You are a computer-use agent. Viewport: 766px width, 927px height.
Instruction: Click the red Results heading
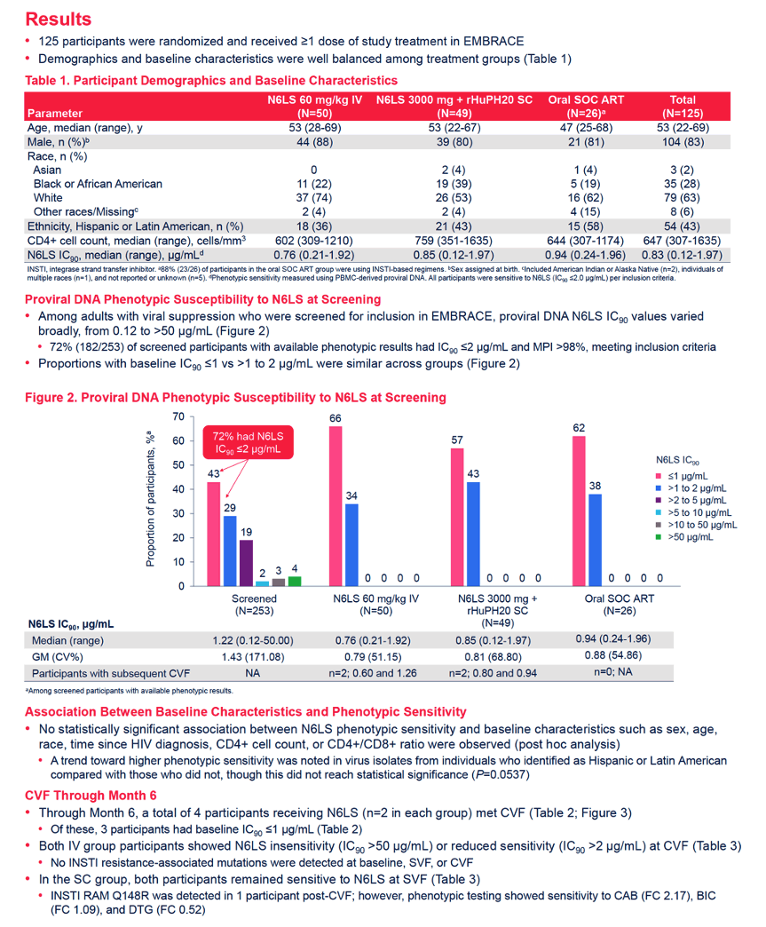58,19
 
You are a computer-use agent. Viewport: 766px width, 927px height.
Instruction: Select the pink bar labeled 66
336,506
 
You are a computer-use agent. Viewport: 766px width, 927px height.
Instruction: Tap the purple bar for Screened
246,563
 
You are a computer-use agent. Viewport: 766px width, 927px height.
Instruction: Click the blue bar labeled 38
596,540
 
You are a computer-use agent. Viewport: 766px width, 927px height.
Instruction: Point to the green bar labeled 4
295,581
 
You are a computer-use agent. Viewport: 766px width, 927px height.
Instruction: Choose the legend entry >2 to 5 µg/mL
691,500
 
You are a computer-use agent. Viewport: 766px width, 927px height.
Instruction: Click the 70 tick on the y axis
178,416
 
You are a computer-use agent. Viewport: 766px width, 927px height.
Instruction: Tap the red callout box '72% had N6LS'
248,443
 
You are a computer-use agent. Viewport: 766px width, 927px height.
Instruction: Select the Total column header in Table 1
682,107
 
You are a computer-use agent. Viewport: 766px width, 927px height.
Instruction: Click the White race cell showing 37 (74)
314,198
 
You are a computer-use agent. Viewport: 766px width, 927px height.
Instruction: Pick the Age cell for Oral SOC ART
586,128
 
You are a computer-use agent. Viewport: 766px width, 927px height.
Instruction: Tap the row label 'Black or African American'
98,184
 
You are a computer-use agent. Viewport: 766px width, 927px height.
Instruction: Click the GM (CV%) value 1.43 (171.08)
253,657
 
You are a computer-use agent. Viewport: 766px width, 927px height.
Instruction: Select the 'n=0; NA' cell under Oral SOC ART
613,672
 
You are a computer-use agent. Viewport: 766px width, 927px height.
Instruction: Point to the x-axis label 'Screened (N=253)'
254,605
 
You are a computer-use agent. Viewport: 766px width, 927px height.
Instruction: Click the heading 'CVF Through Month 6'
91,796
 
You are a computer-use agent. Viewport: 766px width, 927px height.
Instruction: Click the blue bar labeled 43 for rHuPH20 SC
473,534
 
